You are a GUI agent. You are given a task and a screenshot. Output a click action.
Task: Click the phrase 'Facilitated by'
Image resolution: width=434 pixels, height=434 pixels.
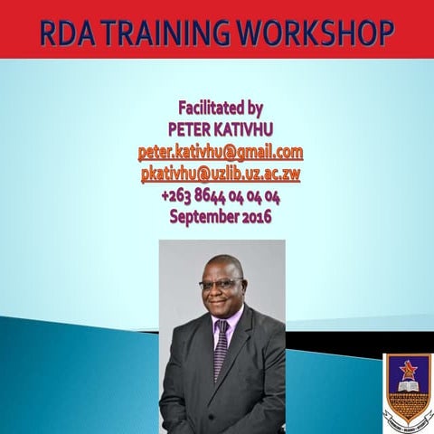220,108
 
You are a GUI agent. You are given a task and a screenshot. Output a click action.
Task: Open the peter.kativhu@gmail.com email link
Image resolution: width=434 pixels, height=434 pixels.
220,151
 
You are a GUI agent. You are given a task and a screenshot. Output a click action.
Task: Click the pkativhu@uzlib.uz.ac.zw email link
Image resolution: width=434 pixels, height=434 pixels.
220,173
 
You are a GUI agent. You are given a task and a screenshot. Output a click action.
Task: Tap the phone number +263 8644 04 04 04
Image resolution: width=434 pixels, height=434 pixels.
220,195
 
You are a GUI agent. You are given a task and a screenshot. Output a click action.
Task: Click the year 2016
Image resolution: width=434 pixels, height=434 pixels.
255,216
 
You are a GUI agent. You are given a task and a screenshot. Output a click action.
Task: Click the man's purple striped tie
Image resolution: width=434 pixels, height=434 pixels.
221,348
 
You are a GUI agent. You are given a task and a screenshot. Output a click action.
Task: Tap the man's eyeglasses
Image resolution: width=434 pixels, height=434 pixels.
220,283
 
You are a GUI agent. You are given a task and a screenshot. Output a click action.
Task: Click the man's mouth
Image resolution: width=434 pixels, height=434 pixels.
222,305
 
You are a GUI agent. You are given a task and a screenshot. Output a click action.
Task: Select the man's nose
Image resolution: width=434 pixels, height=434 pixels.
222,291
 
